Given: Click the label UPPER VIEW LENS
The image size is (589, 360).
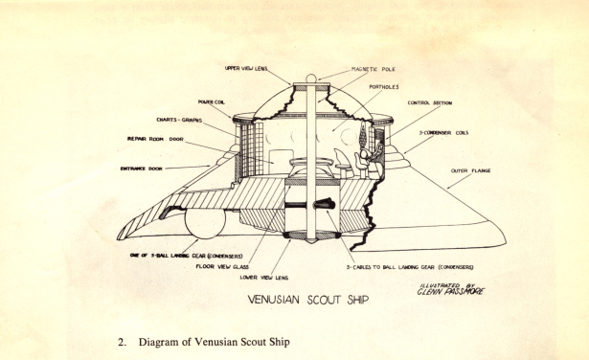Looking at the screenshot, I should (x=246, y=69).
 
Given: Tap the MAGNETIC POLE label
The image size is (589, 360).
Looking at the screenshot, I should (x=347, y=71).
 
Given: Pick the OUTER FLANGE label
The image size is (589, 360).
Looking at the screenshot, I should (x=469, y=172).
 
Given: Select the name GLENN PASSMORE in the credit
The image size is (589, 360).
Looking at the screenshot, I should (x=450, y=293).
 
